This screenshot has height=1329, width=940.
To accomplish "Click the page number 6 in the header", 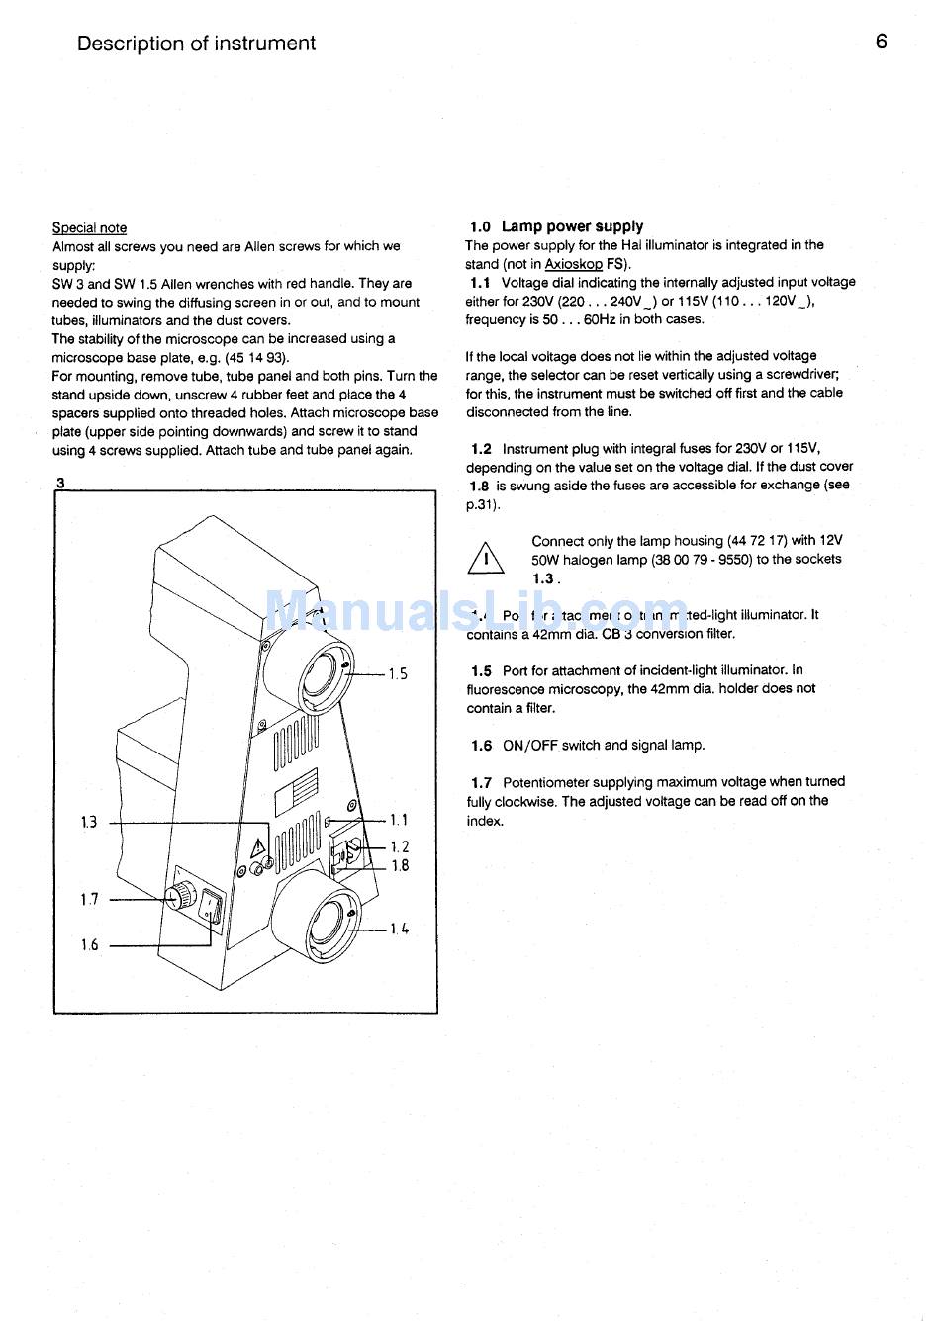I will click(x=881, y=42).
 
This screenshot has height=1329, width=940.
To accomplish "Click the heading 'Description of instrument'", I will click(x=196, y=44).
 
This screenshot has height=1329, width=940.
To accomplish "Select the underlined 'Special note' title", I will click(x=89, y=227).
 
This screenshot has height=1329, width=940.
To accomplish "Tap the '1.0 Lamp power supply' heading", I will click(x=556, y=226).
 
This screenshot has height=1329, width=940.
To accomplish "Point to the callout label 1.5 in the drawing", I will click(x=398, y=674).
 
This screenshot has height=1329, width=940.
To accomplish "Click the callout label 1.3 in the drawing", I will click(x=89, y=822).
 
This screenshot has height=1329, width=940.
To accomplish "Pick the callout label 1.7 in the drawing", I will click(x=89, y=899).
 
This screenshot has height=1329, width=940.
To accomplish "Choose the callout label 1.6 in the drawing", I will click(x=89, y=945).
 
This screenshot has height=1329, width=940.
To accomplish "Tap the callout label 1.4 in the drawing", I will click(x=399, y=929).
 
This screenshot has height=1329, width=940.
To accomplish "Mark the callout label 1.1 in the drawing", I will click(x=399, y=820).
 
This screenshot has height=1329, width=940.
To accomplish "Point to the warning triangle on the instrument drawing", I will click(x=256, y=847).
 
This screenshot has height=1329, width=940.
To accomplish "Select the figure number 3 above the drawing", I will click(x=60, y=483).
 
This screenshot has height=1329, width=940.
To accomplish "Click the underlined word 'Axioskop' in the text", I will click(x=573, y=264).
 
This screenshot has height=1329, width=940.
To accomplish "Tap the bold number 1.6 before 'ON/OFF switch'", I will click(x=481, y=746).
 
